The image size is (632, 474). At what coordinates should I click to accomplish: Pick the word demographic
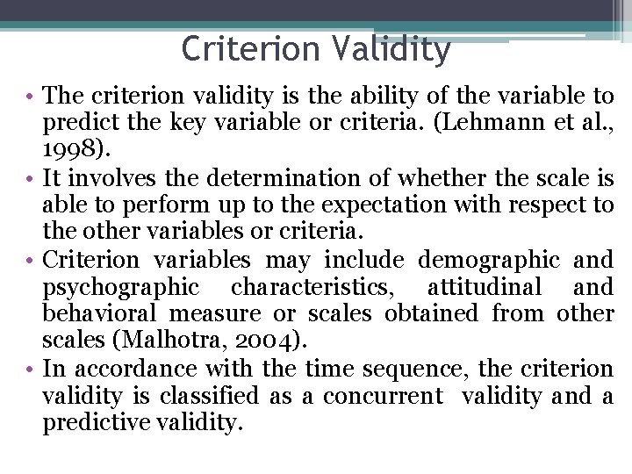490,260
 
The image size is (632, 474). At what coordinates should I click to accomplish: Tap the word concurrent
383,396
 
